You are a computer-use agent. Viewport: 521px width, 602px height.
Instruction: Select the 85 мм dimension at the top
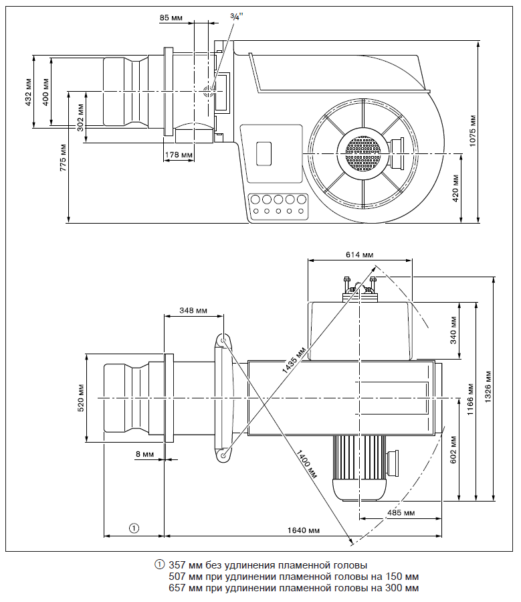click(172, 17)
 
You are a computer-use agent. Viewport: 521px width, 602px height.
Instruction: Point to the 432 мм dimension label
click(28, 91)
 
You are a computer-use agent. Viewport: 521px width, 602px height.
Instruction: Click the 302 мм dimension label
click(80, 118)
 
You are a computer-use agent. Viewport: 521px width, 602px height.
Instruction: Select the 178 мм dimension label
click(178, 155)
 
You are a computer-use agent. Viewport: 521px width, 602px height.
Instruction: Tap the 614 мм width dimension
click(359, 255)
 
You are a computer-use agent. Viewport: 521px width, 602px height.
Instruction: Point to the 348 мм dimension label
click(193, 311)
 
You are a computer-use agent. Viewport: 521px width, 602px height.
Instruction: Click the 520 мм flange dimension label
click(81, 397)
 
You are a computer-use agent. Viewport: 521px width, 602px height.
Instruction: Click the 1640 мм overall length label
click(303, 530)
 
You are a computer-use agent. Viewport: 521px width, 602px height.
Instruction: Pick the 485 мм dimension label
click(400, 513)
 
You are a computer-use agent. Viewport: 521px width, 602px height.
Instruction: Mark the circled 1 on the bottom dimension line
click(134, 528)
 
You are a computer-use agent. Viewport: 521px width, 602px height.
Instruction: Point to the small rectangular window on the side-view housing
click(265, 153)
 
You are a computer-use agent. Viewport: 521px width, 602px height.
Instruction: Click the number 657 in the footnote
click(179, 588)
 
